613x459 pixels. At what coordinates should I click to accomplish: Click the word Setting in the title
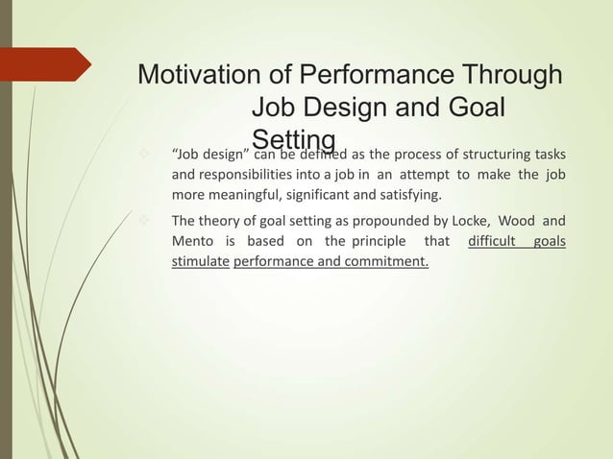click(293, 140)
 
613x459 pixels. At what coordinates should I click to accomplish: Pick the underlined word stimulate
click(200, 260)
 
